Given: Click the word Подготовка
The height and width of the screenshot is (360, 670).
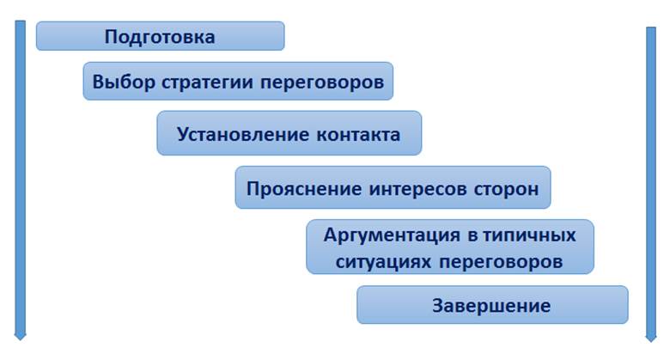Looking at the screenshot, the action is tap(160, 37).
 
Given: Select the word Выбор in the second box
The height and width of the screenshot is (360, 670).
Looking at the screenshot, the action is tap(124, 82).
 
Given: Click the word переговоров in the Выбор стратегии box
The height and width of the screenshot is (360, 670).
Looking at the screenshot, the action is tap(322, 82).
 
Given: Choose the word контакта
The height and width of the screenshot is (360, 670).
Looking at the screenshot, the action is tap(358, 135).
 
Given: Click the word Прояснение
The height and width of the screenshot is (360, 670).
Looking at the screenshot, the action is tap(304, 189).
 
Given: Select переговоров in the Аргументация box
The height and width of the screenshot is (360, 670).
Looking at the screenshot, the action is tap(501, 262).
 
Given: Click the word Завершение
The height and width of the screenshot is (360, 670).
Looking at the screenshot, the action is tap(491, 306).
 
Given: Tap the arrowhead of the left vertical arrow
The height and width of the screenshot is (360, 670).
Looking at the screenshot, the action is tap(20, 337).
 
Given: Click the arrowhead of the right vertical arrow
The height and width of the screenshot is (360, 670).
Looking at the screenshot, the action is tap(651, 339).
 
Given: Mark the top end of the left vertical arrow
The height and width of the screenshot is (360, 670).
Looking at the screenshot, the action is tap(20, 21).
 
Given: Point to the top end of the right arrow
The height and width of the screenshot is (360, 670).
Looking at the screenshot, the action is tap(651, 27).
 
